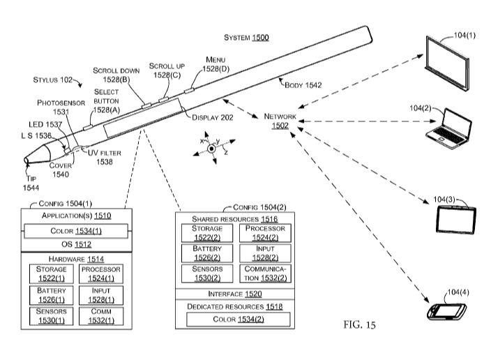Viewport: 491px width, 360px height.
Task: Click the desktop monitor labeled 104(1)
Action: coord(448,63)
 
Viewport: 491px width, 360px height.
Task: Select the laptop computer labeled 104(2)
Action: coord(448,129)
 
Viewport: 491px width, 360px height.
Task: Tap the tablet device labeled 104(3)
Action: coord(456,219)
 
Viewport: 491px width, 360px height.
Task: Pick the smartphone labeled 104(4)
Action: coord(447,312)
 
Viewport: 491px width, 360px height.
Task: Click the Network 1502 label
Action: coord(280,121)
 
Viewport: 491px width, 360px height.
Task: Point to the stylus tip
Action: coord(27,160)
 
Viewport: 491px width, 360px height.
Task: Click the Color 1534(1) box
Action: coord(76,231)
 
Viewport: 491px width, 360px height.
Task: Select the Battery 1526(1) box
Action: coord(52,295)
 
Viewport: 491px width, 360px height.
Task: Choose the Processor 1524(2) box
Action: coord(265,233)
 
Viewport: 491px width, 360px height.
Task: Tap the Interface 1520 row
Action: coord(235,294)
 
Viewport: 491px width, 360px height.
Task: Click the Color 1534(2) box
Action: coord(239,320)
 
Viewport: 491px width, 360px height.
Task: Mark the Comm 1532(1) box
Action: coord(101,316)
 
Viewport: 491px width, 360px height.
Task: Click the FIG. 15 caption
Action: coord(359,324)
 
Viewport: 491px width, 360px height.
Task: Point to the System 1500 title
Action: coord(246,38)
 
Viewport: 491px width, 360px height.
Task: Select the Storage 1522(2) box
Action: coord(207,233)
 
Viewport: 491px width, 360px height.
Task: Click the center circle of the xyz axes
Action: coord(212,149)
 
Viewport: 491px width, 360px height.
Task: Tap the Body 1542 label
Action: coord(303,85)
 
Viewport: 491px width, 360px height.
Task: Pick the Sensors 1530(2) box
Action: coord(207,273)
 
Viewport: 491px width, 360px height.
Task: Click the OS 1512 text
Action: coord(77,244)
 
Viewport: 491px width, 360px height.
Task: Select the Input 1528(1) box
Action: coord(101,295)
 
